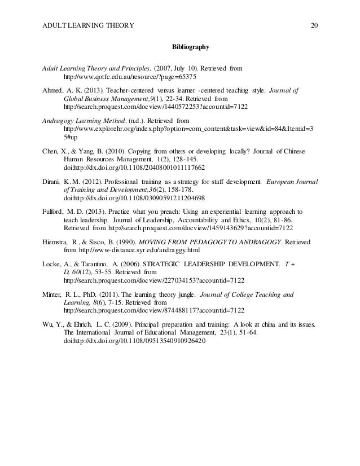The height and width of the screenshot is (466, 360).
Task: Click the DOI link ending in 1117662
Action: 134,168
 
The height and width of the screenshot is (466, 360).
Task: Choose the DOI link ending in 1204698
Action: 134,198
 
